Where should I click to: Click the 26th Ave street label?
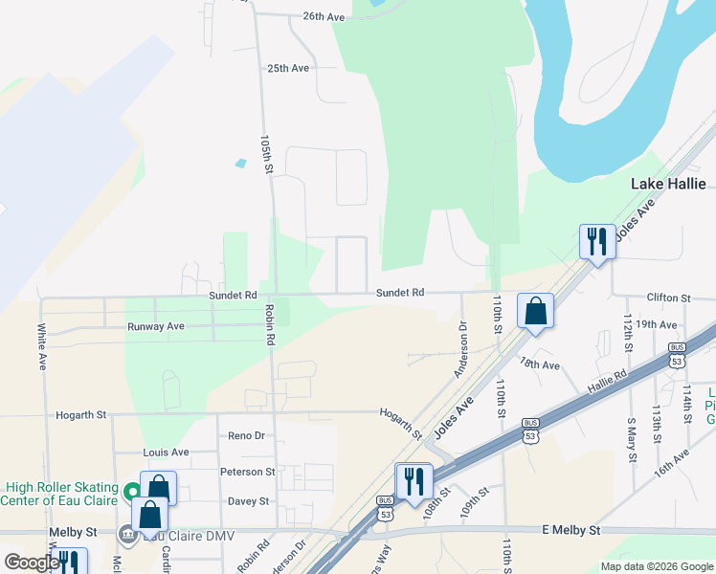pyautogui.click(x=323, y=17)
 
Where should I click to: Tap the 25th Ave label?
pyautogui.click(x=288, y=69)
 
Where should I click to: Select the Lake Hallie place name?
pyautogui.click(x=668, y=184)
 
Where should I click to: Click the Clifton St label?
pyautogui.click(x=669, y=298)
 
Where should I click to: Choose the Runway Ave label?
pyautogui.click(x=155, y=327)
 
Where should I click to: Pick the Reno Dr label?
pyautogui.click(x=246, y=436)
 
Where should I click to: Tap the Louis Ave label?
pyautogui.click(x=166, y=453)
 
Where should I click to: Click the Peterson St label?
pyautogui.click(x=247, y=472)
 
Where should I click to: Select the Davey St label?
pyautogui.click(x=247, y=501)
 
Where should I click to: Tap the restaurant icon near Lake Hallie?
pyautogui.click(x=597, y=241)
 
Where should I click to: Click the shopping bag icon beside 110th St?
pyautogui.click(x=536, y=310)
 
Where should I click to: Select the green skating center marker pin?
pyautogui.click(x=131, y=495)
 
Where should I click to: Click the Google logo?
pyautogui.click(x=32, y=563)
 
